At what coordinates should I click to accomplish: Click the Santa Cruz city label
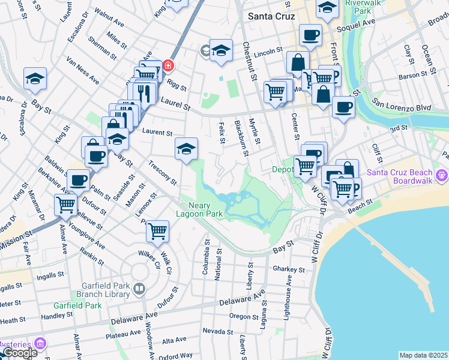pyautogui.click(x=272, y=16)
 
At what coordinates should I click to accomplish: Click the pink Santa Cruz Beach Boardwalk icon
pyautogui.click(x=443, y=175)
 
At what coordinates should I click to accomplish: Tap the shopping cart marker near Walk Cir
pyautogui.click(x=157, y=230)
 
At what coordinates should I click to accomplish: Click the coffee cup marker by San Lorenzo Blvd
pyautogui.click(x=343, y=107)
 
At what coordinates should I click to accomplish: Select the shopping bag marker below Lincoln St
pyautogui.click(x=298, y=61)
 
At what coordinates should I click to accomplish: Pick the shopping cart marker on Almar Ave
pyautogui.click(x=65, y=205)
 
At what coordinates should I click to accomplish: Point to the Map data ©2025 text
pyautogui.click(x=423, y=355)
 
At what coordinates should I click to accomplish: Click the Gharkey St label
pyautogui.click(x=286, y=269)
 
